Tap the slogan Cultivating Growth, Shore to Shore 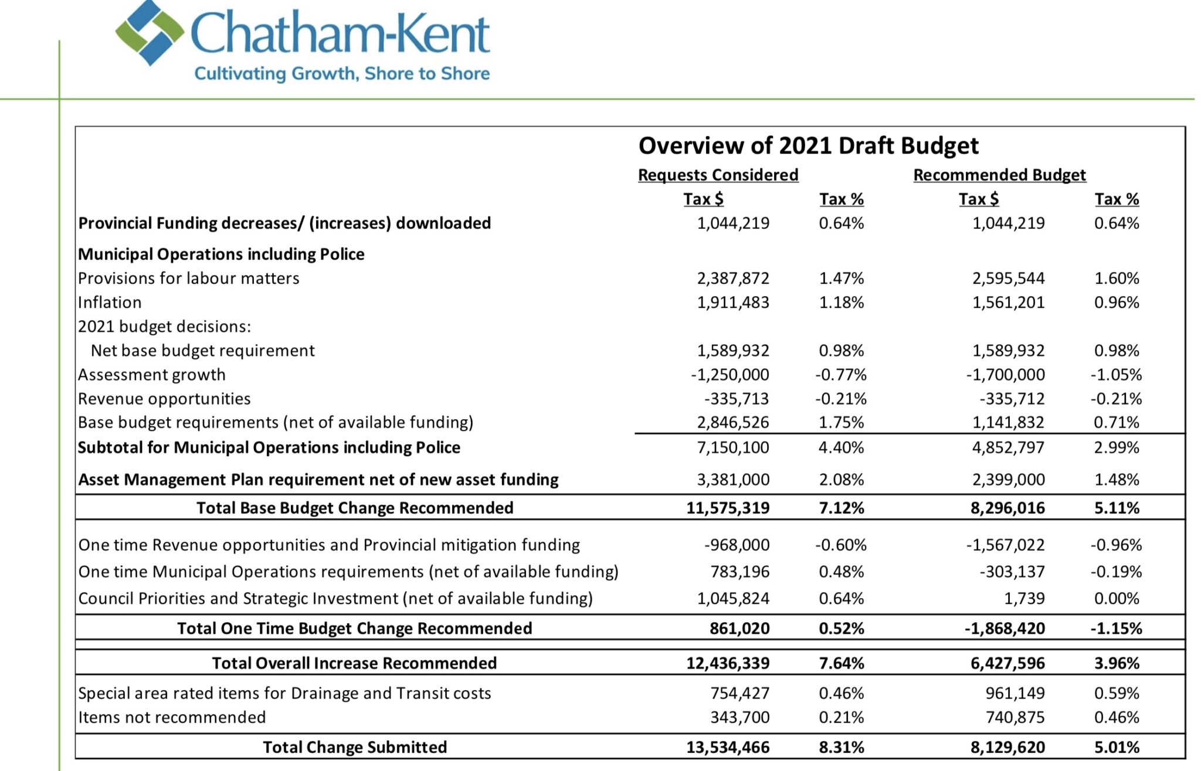click(342, 74)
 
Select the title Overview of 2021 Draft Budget click(809, 145)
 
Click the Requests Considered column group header click(718, 175)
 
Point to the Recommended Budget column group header click(1000, 175)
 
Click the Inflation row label click(110, 303)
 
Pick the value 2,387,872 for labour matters click(733, 278)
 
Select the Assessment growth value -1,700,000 click(1006, 375)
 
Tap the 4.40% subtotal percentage click(842, 448)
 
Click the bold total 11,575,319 click(728, 508)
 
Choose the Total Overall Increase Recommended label click(354, 663)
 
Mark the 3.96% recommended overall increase click(1117, 663)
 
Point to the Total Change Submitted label click(355, 748)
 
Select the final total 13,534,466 click(728, 748)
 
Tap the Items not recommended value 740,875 click(1016, 718)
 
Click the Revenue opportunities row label click(164, 399)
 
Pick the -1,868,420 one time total click(1005, 629)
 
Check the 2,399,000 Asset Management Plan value click(1009, 480)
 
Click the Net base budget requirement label click(203, 351)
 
